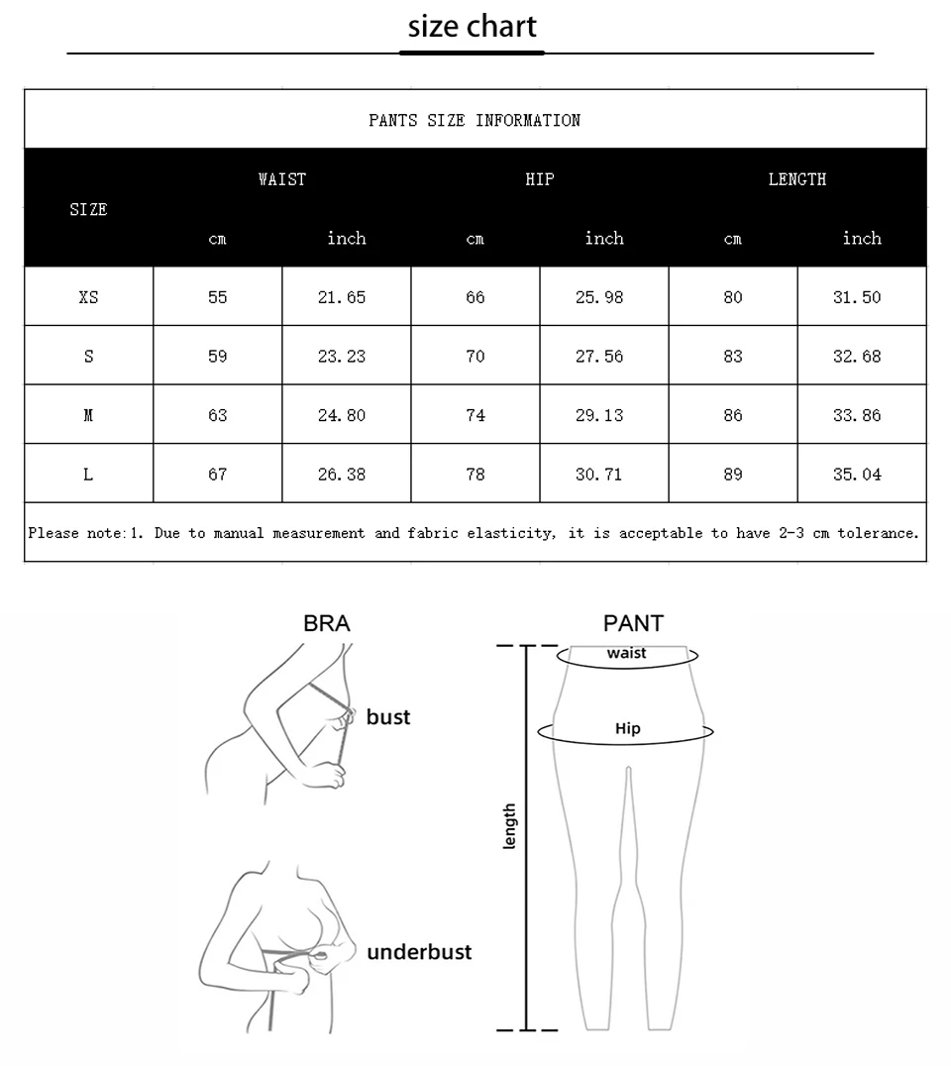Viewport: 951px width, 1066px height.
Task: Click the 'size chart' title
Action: point(473,27)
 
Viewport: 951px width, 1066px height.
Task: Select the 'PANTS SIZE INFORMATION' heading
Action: point(475,121)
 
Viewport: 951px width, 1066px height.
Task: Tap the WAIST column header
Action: point(282,179)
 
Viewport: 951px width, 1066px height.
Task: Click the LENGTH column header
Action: point(796,179)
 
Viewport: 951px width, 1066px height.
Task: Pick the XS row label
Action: point(88,297)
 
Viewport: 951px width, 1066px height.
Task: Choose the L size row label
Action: point(88,475)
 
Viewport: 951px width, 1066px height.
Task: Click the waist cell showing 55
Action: point(218,297)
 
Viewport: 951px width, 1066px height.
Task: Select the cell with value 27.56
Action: point(599,357)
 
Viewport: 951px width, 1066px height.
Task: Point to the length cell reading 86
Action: point(733,416)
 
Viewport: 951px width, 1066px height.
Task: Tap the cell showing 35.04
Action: point(857,475)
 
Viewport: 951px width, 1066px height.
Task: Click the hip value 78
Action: point(475,475)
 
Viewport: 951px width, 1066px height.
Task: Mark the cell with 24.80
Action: point(342,416)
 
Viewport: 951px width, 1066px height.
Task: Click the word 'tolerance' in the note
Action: point(878,533)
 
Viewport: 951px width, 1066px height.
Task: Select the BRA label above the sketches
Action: point(327,623)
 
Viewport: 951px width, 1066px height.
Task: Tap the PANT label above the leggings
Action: point(633,623)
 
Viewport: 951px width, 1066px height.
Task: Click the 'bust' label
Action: point(388,717)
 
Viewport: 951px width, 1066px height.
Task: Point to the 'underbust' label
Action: point(419,952)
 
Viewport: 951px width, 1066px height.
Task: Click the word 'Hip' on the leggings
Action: point(628,729)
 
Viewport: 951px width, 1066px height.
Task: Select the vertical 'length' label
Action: point(510,826)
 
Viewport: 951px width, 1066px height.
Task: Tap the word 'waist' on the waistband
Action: point(627,653)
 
